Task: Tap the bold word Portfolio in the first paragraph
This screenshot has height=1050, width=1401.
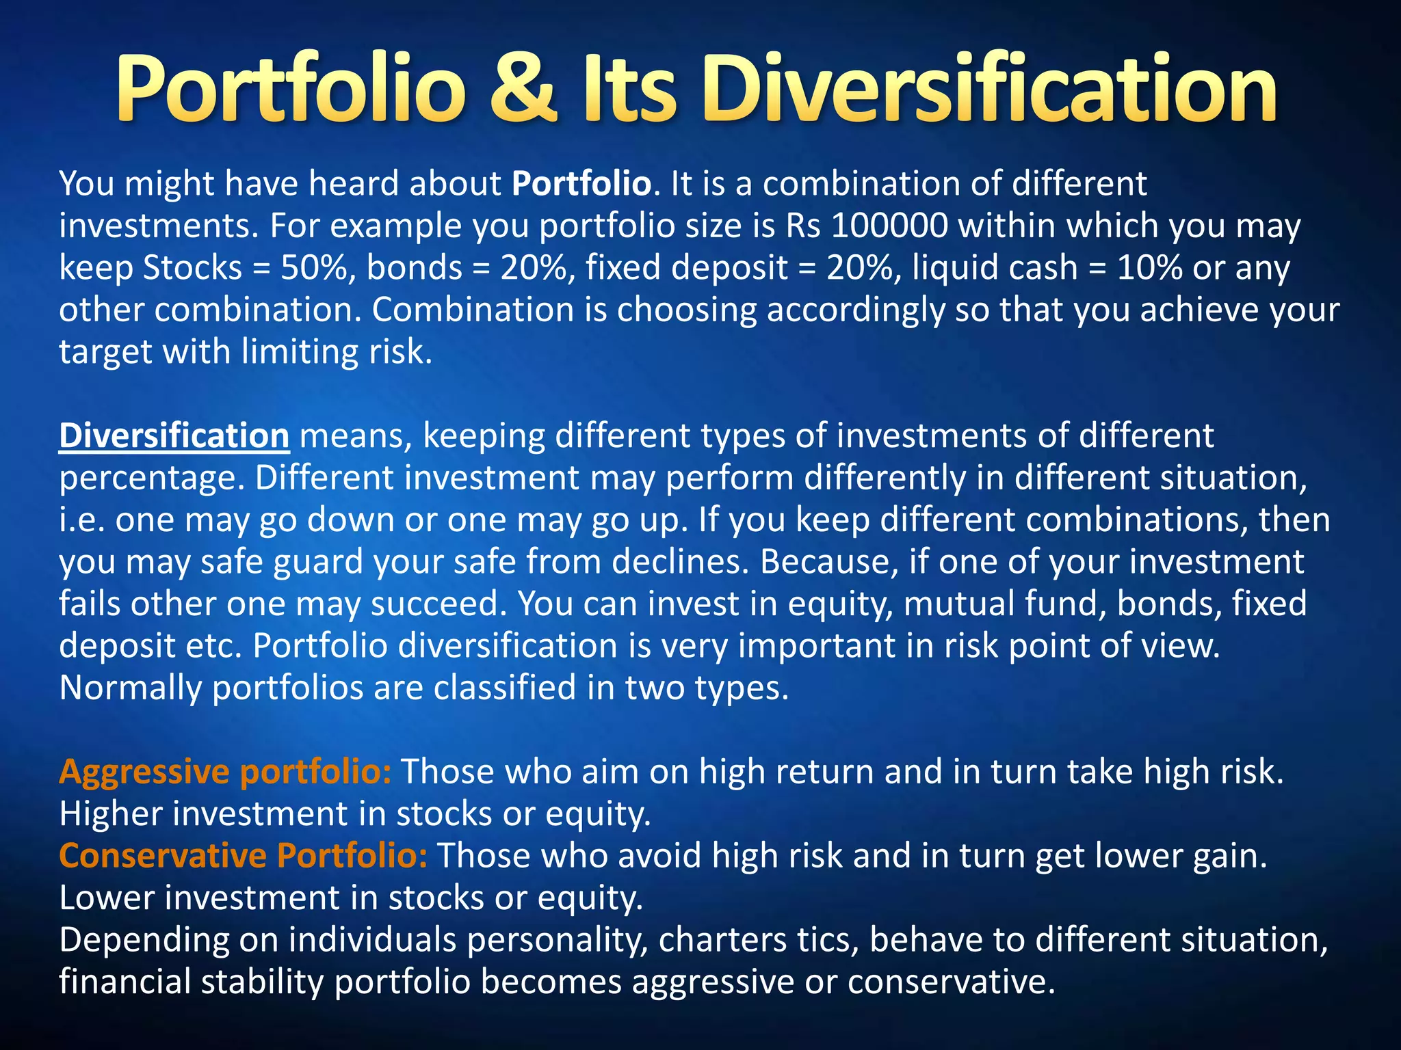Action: click(x=581, y=184)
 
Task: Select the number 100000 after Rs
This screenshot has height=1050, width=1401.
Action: click(x=890, y=226)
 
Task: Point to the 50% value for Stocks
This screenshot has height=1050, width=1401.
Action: click(x=317, y=267)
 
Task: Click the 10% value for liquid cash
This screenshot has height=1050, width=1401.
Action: click(x=1149, y=267)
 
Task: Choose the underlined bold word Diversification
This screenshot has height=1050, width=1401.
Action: click(x=174, y=436)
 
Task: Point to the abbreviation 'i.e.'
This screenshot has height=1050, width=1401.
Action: click(x=81, y=520)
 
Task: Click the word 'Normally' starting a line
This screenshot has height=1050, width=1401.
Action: click(x=130, y=688)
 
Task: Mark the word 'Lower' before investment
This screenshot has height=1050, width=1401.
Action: click(x=107, y=898)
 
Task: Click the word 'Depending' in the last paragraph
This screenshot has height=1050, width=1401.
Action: click(x=144, y=941)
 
